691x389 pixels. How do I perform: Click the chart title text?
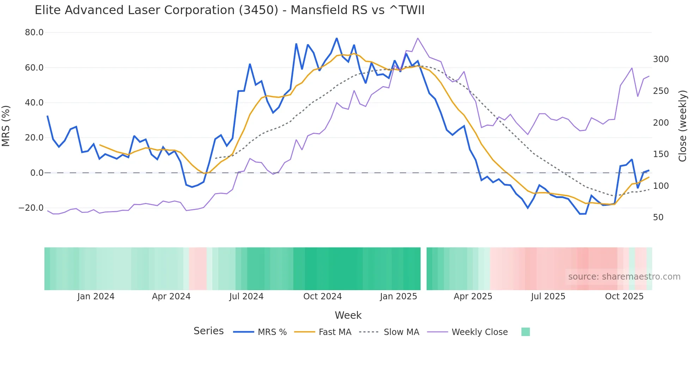[x=230, y=10]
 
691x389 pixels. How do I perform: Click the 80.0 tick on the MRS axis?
[x=34, y=32]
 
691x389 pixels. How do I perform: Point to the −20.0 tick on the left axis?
[x=31, y=208]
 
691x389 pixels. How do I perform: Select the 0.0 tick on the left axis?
[x=37, y=173]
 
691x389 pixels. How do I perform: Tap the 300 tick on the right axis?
[x=661, y=59]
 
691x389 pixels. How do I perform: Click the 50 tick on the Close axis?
[x=658, y=217]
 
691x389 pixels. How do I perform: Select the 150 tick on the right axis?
[x=661, y=154]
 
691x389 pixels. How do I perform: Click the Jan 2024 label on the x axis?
[x=96, y=297]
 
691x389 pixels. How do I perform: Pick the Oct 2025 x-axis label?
[x=624, y=297]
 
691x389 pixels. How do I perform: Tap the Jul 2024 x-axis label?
[x=246, y=297]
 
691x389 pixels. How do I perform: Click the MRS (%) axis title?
[x=6, y=126]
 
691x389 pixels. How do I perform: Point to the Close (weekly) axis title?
[x=683, y=126]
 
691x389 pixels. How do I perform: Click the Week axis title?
[x=348, y=315]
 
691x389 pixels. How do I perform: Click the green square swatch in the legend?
[x=525, y=332]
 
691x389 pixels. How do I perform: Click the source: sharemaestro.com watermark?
[x=624, y=277]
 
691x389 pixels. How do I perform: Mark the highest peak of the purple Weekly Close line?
[x=418, y=38]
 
